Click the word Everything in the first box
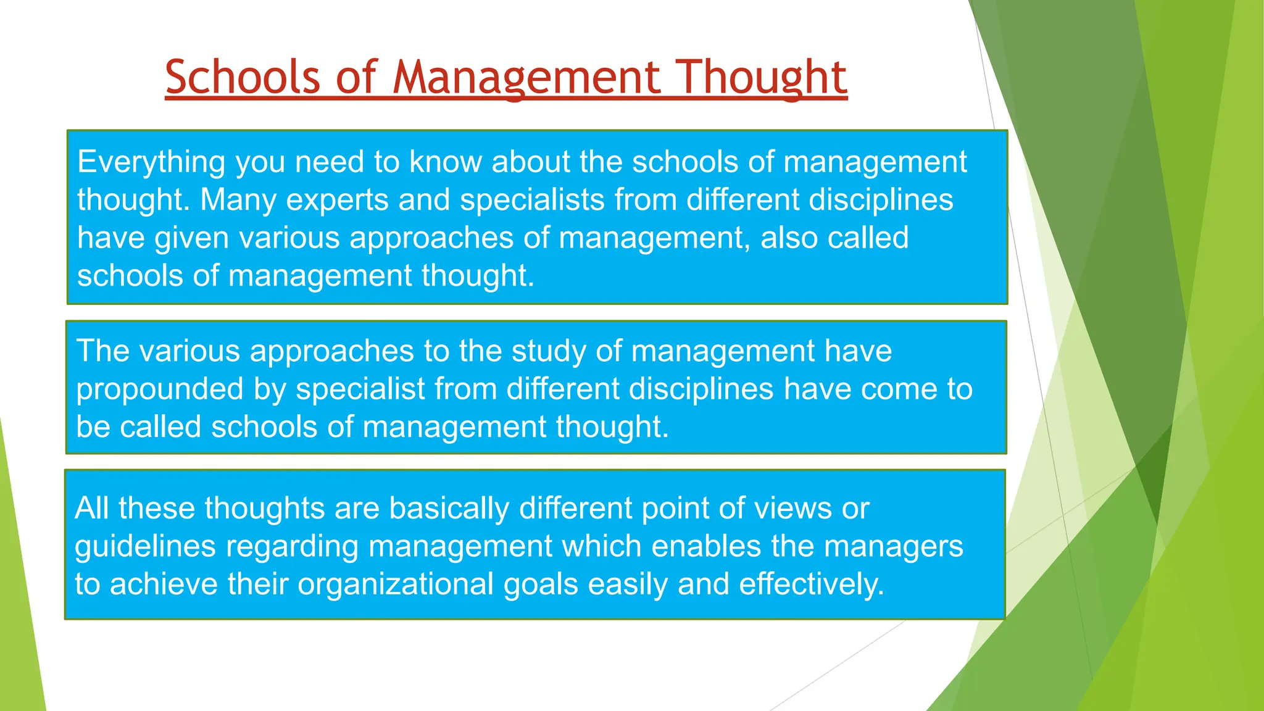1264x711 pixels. coord(151,162)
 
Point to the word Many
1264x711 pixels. coord(238,200)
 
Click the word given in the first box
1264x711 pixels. coord(191,238)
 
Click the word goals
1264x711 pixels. coord(541,585)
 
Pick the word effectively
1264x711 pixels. coord(812,584)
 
